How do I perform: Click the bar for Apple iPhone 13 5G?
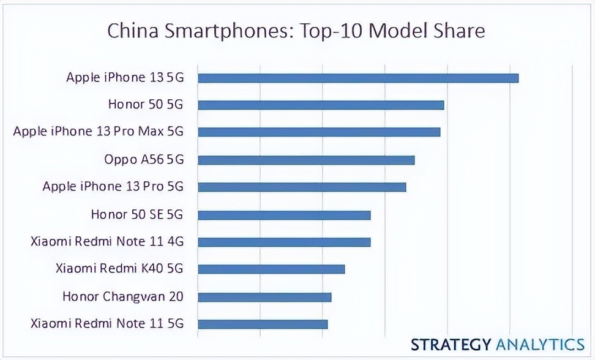[358, 78]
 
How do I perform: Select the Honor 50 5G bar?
[321, 105]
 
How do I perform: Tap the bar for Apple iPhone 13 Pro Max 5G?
[319, 132]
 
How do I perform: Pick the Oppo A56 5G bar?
[306, 160]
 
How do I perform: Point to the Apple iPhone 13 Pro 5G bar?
[302, 187]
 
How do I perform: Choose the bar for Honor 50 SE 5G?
[284, 215]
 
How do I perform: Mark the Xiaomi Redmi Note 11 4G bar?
[284, 242]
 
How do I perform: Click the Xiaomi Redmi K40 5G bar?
[271, 269]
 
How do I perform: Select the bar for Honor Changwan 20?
[264, 297]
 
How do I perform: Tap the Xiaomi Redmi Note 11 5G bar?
[263, 324]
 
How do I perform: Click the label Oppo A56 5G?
[144, 160]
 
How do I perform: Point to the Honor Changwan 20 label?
[123, 297]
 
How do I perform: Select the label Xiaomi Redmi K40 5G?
[119, 269]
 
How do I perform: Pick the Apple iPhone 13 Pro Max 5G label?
[99, 132]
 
